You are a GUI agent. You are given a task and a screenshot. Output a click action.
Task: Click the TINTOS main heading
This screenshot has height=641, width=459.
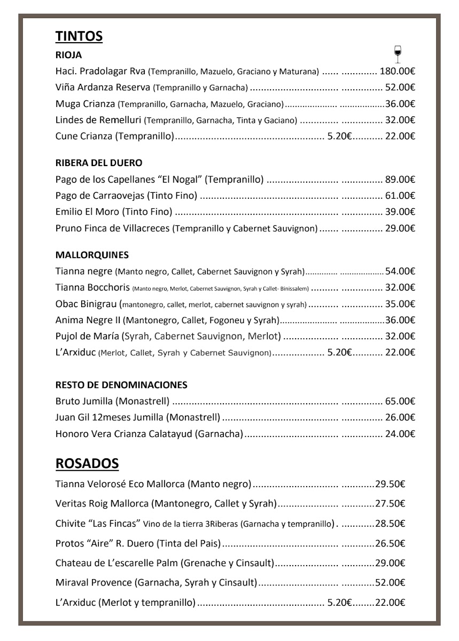click(79, 36)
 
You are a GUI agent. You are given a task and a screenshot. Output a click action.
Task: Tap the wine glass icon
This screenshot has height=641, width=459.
click(397, 53)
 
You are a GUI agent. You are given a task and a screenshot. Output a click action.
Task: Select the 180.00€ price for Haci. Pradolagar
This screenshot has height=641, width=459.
click(398, 71)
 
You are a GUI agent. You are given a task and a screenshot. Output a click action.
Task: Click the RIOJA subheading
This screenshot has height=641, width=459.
click(68, 54)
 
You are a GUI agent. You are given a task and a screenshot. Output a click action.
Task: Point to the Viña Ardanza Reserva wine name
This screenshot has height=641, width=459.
click(103, 87)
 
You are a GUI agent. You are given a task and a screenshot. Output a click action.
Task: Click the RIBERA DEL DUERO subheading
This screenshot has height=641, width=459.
click(99, 162)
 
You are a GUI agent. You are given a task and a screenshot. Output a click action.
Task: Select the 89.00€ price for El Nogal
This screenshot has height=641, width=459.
click(400, 179)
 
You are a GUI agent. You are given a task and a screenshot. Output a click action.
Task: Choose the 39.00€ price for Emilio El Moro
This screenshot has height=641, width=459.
click(400, 212)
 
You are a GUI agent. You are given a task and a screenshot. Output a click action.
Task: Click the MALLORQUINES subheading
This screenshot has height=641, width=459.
click(92, 255)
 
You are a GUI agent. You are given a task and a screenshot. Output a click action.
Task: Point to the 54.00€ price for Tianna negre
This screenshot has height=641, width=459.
click(400, 271)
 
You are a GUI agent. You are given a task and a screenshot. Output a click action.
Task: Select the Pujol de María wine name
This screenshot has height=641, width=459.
click(87, 337)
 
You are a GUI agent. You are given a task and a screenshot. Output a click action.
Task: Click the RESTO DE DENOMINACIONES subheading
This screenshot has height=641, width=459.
click(121, 385)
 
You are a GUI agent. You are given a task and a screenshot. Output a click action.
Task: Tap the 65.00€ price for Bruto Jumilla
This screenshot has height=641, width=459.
click(400, 401)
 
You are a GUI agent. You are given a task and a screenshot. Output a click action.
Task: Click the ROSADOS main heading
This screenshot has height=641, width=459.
click(87, 463)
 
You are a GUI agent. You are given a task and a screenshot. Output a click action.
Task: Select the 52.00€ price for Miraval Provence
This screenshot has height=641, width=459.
click(390, 582)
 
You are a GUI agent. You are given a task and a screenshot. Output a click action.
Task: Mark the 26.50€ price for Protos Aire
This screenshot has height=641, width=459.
click(390, 544)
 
